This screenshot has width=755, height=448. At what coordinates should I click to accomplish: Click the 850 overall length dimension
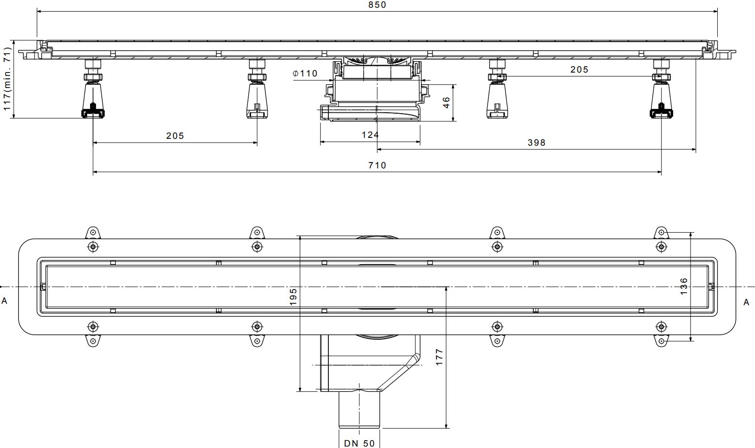[377, 5]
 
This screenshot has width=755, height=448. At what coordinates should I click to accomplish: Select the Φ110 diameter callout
[305, 74]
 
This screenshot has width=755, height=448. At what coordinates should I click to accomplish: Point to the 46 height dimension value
[446, 102]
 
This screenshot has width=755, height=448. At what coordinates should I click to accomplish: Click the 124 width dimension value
[370, 135]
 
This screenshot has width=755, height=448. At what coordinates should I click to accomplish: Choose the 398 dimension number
[536, 143]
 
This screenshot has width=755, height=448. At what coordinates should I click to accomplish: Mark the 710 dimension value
[377, 165]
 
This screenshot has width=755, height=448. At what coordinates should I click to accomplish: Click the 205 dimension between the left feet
[175, 136]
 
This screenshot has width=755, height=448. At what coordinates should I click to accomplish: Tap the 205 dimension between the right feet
[579, 70]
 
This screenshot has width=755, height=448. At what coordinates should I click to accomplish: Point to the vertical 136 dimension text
[684, 286]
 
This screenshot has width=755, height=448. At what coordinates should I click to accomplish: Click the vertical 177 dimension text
[439, 357]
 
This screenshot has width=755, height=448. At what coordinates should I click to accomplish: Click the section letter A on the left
[4, 301]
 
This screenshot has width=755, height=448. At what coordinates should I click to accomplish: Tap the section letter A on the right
[746, 302]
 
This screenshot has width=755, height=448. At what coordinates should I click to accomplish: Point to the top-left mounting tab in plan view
[92, 233]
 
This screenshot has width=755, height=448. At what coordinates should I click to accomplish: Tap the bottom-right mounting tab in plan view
[661, 341]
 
